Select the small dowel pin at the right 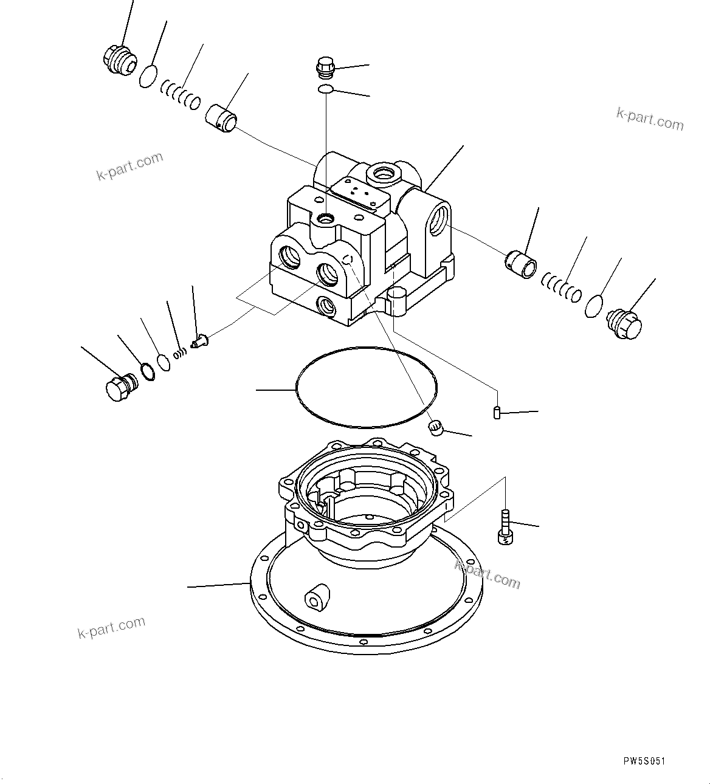pyautogui.click(x=496, y=413)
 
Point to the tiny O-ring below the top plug pyautogui.click(x=325, y=90)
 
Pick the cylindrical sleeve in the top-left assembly pyautogui.click(x=222, y=116)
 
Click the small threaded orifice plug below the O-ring pyautogui.click(x=435, y=428)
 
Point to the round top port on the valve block pyautogui.click(x=385, y=174)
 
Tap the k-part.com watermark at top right pyautogui.click(x=650, y=118)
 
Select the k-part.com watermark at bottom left pyautogui.click(x=112, y=627)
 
